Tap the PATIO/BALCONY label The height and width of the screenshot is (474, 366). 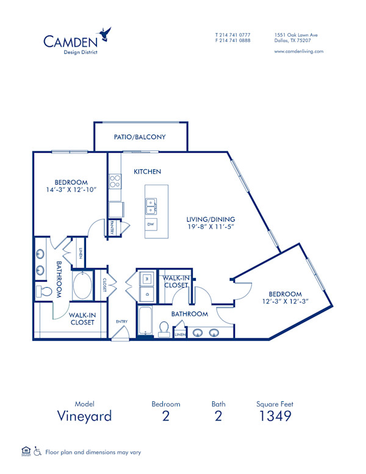(x=140, y=137)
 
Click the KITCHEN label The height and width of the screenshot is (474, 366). (x=147, y=172)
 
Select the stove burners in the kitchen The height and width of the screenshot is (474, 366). (x=115, y=181)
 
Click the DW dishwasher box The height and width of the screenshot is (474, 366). (x=150, y=225)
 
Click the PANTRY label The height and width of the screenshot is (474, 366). (x=113, y=227)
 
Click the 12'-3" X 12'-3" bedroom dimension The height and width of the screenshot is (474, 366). (x=285, y=301)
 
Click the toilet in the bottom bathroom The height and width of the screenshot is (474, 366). (x=163, y=329)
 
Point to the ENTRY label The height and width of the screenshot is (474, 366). (x=121, y=321)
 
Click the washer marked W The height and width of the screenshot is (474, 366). (x=146, y=279)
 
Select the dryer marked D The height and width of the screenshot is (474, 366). (x=146, y=294)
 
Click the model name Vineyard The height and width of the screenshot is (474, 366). (x=84, y=416)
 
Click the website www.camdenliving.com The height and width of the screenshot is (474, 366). (x=299, y=51)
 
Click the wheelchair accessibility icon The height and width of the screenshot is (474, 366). (x=37, y=452)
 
